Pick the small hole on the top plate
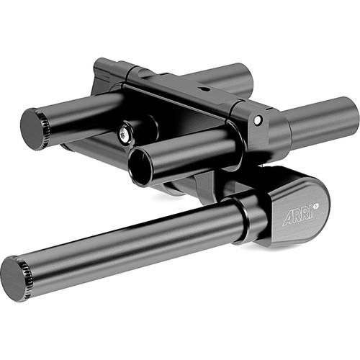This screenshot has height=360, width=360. [204, 90]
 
